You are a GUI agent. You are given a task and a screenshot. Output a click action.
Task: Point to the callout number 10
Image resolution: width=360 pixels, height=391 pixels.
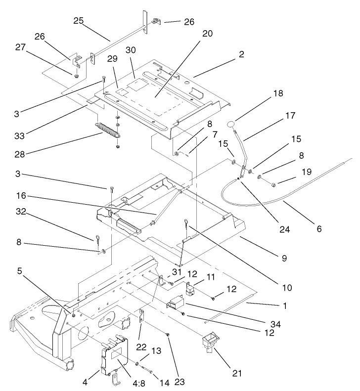(286, 287)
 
